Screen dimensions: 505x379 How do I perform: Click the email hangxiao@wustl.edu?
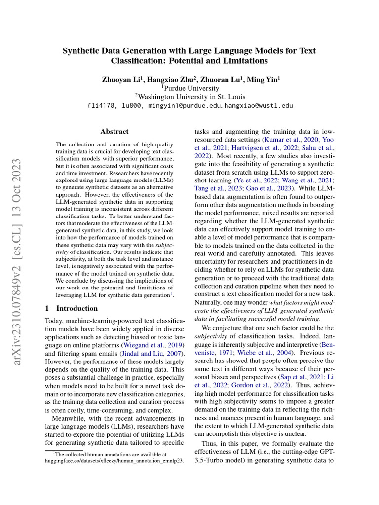click(259, 106)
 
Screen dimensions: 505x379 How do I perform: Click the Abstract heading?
click(114, 132)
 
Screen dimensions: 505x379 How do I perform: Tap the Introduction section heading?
click(77, 308)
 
